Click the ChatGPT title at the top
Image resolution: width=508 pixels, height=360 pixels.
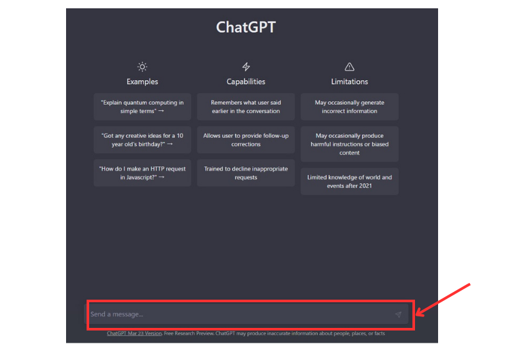pos(246,28)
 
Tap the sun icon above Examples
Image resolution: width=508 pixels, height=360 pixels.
pos(142,67)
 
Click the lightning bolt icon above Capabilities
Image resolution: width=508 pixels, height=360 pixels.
pos(246,67)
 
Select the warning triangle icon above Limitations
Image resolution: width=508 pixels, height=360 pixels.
pos(350,67)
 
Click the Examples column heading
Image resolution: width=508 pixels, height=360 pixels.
pos(142,81)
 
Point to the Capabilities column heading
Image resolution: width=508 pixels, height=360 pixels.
pos(246,81)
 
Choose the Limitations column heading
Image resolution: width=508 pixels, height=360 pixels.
pos(350,81)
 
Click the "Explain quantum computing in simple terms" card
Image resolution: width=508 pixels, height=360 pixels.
pos(142,107)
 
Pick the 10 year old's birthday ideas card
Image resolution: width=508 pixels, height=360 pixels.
pos(142,140)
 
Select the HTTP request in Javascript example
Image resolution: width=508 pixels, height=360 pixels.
pos(142,173)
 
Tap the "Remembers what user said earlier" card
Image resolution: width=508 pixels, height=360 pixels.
pos(246,107)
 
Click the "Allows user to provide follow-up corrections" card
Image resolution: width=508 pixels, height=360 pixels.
pos(246,140)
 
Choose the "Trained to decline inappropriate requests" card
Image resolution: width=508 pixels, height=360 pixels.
pos(246,173)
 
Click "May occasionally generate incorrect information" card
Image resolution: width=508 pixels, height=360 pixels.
pos(350,107)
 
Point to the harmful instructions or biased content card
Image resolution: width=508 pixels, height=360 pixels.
pos(350,144)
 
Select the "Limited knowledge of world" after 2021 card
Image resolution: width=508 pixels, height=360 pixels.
pos(350,182)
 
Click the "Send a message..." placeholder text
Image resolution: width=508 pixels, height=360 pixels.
pos(117,314)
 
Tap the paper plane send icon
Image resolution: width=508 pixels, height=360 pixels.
pos(398,314)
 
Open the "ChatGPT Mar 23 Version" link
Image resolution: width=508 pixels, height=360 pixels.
pos(134,334)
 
